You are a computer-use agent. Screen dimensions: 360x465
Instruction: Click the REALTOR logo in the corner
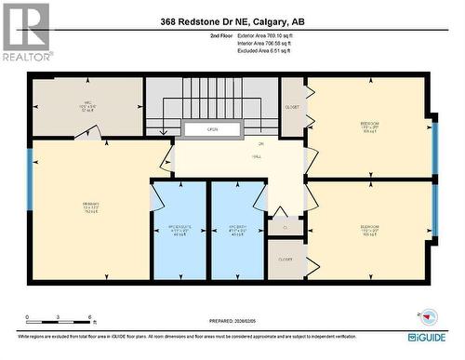click(26, 31)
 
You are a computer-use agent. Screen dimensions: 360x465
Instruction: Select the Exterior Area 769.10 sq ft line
click(245, 34)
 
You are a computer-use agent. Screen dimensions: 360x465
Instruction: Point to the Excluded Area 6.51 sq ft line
click(244, 51)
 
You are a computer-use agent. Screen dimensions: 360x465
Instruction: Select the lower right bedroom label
click(370, 229)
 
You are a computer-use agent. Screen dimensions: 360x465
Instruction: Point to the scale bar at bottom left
click(58, 319)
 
